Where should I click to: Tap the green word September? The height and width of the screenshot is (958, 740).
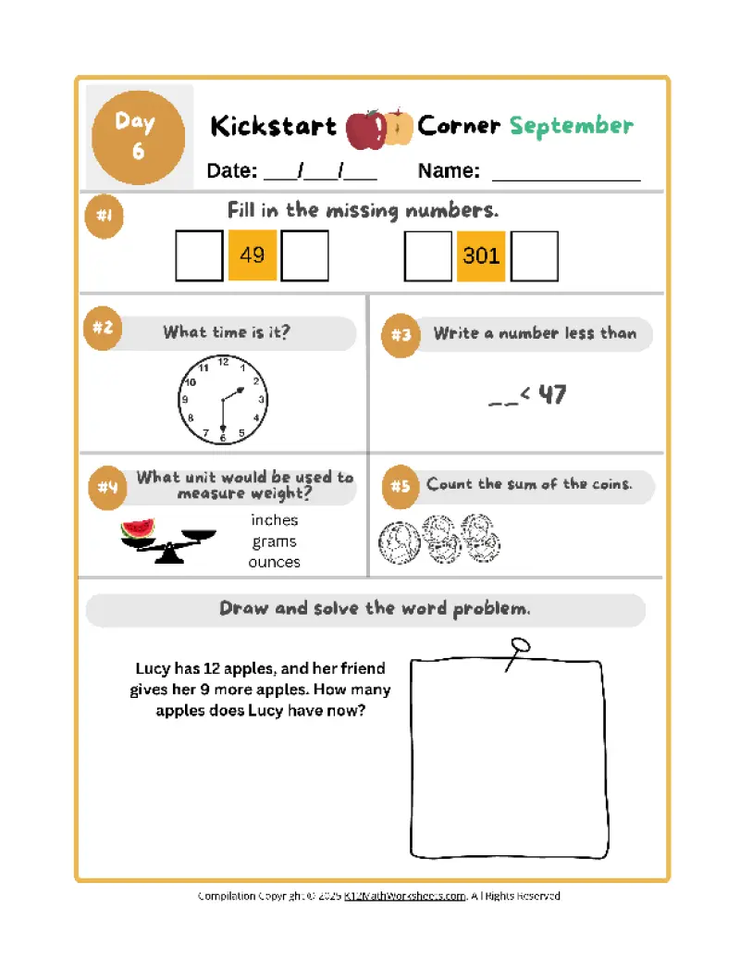[x=572, y=126]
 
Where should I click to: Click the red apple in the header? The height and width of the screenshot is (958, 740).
[x=364, y=129]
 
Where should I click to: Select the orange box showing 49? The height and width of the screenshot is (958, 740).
[x=252, y=255]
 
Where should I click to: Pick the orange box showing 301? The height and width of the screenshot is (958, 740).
[x=481, y=255]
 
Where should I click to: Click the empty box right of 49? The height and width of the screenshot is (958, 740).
[x=305, y=255]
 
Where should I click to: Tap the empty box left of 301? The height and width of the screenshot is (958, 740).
[x=428, y=255]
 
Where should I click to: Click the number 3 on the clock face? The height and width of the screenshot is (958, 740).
[x=262, y=400]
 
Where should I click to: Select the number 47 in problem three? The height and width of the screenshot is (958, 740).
[x=552, y=395]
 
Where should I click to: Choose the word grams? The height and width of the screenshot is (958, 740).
[x=275, y=541]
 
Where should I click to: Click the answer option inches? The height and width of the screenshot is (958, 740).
[x=275, y=520]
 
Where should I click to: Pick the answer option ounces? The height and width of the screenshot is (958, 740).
[x=275, y=562]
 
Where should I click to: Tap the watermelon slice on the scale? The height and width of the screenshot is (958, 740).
[x=137, y=529]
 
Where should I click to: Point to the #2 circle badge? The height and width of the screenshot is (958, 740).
[x=103, y=330]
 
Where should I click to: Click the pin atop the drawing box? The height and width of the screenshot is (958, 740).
[x=519, y=645]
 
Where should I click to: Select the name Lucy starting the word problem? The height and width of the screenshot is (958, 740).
[x=153, y=668]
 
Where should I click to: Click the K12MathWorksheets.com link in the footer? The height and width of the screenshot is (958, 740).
[x=405, y=896]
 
